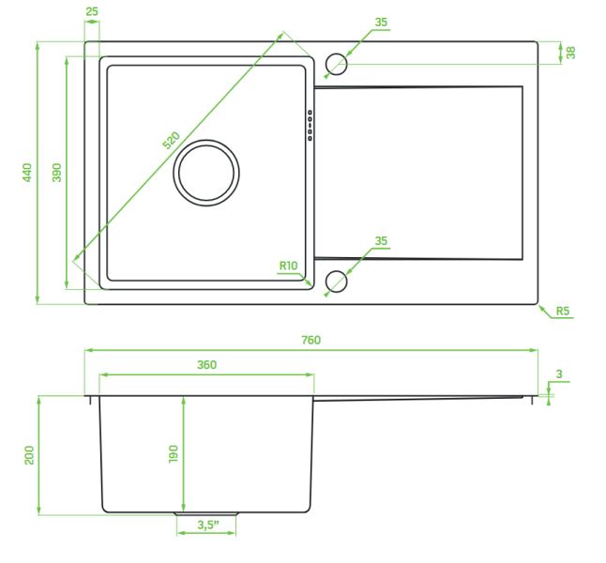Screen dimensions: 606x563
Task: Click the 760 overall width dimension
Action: (x=311, y=341)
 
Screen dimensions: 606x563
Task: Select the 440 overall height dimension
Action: (x=27, y=173)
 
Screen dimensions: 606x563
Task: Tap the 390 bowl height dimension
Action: (x=57, y=173)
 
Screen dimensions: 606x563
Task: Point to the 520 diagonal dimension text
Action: (x=172, y=141)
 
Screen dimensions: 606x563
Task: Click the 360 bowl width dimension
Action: (x=206, y=365)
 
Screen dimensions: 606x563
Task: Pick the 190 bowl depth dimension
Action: (x=174, y=453)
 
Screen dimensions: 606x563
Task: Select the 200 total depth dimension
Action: (x=29, y=455)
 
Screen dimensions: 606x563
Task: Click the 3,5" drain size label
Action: (x=208, y=525)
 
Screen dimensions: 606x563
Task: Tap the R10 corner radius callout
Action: (x=288, y=266)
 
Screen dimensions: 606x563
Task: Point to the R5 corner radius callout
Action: (x=563, y=311)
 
